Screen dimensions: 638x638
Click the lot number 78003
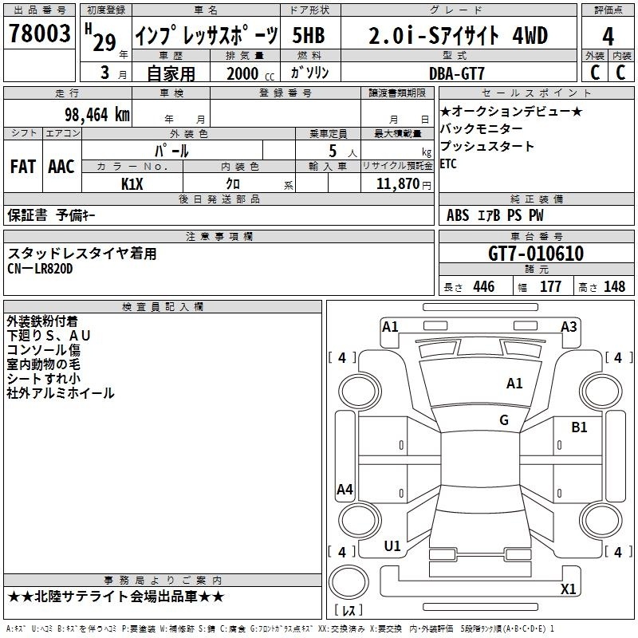tap(40, 33)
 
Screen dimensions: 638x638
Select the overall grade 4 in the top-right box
tap(608, 37)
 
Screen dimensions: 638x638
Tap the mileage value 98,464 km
tap(96, 115)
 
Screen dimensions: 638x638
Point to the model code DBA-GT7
tap(456, 73)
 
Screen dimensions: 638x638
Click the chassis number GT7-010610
tap(536, 254)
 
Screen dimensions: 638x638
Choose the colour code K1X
tap(132, 184)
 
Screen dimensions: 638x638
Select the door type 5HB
tap(309, 35)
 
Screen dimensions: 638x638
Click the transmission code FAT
tap(23, 167)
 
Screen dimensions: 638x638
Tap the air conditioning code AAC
tap(61, 167)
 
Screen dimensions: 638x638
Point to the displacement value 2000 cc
tap(250, 73)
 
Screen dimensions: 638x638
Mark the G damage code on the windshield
tap(504, 419)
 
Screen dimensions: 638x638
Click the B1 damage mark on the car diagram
tap(579, 427)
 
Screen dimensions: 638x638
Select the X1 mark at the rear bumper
tap(568, 589)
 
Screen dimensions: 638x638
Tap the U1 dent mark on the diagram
tap(392, 546)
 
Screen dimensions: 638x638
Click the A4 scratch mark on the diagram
tap(345, 490)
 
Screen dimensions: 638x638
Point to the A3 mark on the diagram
tap(569, 327)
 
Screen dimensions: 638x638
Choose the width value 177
tap(550, 286)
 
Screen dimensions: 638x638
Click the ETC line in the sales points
tap(448, 164)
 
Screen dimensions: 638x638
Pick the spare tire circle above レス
tap(349, 582)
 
